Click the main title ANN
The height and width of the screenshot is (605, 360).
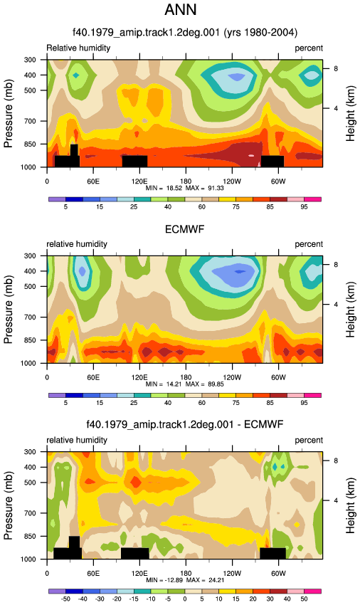tap(181, 9)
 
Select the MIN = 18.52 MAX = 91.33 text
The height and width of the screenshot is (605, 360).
tap(185, 188)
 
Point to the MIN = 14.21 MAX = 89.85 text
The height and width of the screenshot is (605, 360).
tap(185, 384)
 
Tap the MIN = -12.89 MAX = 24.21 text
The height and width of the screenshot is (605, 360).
tap(185, 580)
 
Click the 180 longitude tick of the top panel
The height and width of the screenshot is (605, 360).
tap(186, 181)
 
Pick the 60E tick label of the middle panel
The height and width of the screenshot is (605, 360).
tap(93, 377)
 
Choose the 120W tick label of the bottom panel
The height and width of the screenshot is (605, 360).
tap(232, 574)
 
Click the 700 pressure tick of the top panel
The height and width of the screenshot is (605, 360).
tap(30, 121)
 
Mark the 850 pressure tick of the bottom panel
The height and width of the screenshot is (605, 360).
tap(30, 537)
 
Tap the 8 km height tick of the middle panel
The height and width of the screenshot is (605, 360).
tap(336, 265)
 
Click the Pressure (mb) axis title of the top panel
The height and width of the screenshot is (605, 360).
tap(8, 113)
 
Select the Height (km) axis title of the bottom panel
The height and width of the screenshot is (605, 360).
tap(350, 505)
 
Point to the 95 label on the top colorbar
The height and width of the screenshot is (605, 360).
tap(304, 207)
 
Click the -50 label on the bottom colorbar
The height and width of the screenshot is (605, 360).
tap(65, 599)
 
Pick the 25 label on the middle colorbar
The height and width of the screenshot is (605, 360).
tap(134, 403)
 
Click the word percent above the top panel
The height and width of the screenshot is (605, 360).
tap(309, 48)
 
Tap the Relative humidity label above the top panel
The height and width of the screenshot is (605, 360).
tap(78, 48)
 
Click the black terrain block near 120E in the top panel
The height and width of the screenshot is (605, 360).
tap(134, 162)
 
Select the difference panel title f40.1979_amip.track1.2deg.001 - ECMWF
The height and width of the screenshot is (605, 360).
tap(185, 424)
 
